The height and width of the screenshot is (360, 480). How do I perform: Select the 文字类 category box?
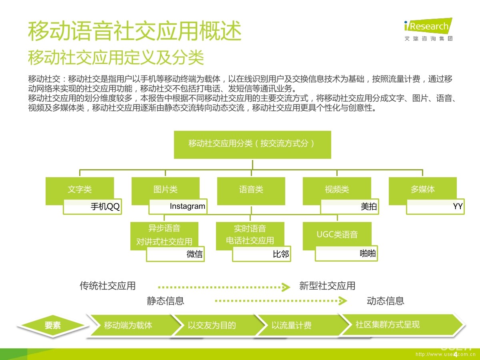tap(80, 190)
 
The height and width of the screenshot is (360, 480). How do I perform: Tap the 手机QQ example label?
tap(92, 207)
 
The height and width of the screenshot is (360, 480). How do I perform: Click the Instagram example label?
tap(178, 206)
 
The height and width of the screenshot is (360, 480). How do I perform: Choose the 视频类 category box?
tap(336, 190)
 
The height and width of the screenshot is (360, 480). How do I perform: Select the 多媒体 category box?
tap(422, 190)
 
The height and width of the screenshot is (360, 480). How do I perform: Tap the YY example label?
tap(436, 207)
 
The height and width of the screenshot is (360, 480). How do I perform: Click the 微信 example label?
tap(176, 254)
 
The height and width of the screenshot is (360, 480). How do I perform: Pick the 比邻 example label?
tap(262, 254)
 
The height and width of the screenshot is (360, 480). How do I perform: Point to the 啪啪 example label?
tap(346, 253)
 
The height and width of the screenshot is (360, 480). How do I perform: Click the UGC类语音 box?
tap(337, 234)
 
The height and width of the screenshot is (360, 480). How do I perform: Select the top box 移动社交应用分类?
tap(252, 144)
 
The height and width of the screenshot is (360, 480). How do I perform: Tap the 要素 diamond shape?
tap(52, 326)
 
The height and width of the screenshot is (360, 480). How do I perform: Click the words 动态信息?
tap(385, 301)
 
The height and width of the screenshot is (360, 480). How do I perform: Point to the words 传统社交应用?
tap(108, 286)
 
